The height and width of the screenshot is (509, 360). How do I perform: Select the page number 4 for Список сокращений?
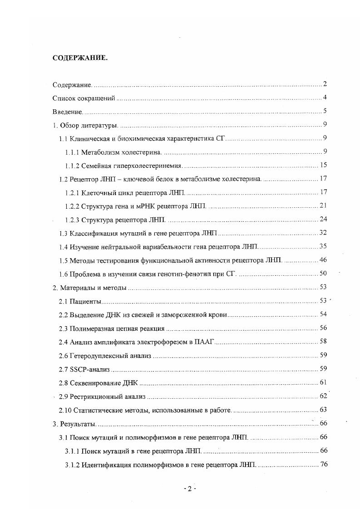325,98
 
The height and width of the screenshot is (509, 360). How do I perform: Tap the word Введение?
67,112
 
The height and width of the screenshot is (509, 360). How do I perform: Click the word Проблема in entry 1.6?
87,274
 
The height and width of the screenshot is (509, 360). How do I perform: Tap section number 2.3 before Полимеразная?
64,328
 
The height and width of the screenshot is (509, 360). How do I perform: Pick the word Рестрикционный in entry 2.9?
94,396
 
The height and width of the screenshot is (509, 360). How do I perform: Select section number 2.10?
65,410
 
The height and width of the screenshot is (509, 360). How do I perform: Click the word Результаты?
78,424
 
